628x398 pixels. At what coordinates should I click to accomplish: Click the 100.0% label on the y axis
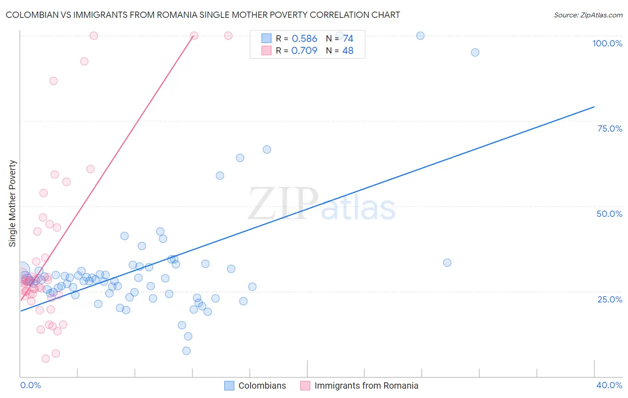pos(607,43)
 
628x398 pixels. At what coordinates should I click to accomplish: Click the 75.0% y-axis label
pos(610,129)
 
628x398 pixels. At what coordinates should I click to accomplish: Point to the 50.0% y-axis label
pos(609,214)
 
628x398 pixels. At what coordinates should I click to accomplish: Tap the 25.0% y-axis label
pos(610,299)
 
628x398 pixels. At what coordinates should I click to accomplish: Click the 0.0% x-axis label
pos(30,385)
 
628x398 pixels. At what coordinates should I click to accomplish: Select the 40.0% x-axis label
pos(609,385)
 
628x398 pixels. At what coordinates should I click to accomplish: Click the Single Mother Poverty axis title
pos(12,203)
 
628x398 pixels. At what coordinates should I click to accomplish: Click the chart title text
pos(203,15)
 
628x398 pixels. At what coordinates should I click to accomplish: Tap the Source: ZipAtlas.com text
pos(588,15)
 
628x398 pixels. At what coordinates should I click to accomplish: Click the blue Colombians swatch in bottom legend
pos(229,386)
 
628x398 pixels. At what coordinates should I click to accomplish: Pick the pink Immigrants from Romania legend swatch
pos(305,386)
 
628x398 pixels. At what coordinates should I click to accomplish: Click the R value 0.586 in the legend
pos(304,39)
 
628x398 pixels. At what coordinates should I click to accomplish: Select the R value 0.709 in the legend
pos(304,51)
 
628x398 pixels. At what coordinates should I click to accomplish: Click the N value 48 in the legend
pos(347,51)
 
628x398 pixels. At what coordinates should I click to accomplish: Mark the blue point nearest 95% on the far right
pos(475,53)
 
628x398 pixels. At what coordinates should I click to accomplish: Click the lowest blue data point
pos(186,351)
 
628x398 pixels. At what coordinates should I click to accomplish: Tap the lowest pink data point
pos(46,359)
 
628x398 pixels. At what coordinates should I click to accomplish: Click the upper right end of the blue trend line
pos(594,107)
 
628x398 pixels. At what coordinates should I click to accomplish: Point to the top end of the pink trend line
pos(193,37)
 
